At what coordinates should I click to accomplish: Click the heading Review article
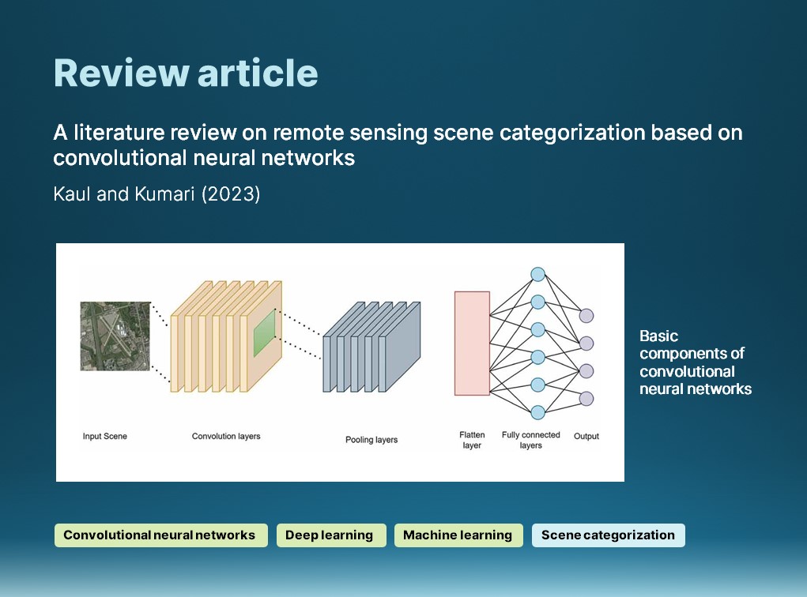point(186,73)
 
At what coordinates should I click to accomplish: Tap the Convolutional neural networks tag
point(160,535)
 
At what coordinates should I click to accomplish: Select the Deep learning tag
point(330,535)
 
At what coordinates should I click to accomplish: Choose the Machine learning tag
point(458,535)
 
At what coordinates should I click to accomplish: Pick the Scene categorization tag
point(608,535)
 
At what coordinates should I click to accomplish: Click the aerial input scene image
point(115,336)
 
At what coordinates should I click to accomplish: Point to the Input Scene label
point(105,437)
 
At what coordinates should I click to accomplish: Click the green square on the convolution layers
point(264,333)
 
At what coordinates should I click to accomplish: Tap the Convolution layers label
point(226,437)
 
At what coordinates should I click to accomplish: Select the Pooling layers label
point(371,440)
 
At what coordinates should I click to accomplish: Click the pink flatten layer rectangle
point(472,343)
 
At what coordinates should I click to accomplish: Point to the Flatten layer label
point(471,440)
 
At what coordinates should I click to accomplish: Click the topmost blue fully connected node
point(538,274)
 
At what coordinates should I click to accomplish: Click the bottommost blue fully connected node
point(538,412)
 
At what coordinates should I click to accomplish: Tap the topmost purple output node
point(586,316)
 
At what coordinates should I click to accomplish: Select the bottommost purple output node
point(586,398)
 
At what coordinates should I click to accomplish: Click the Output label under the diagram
point(586,436)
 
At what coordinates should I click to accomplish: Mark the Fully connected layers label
point(531,440)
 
